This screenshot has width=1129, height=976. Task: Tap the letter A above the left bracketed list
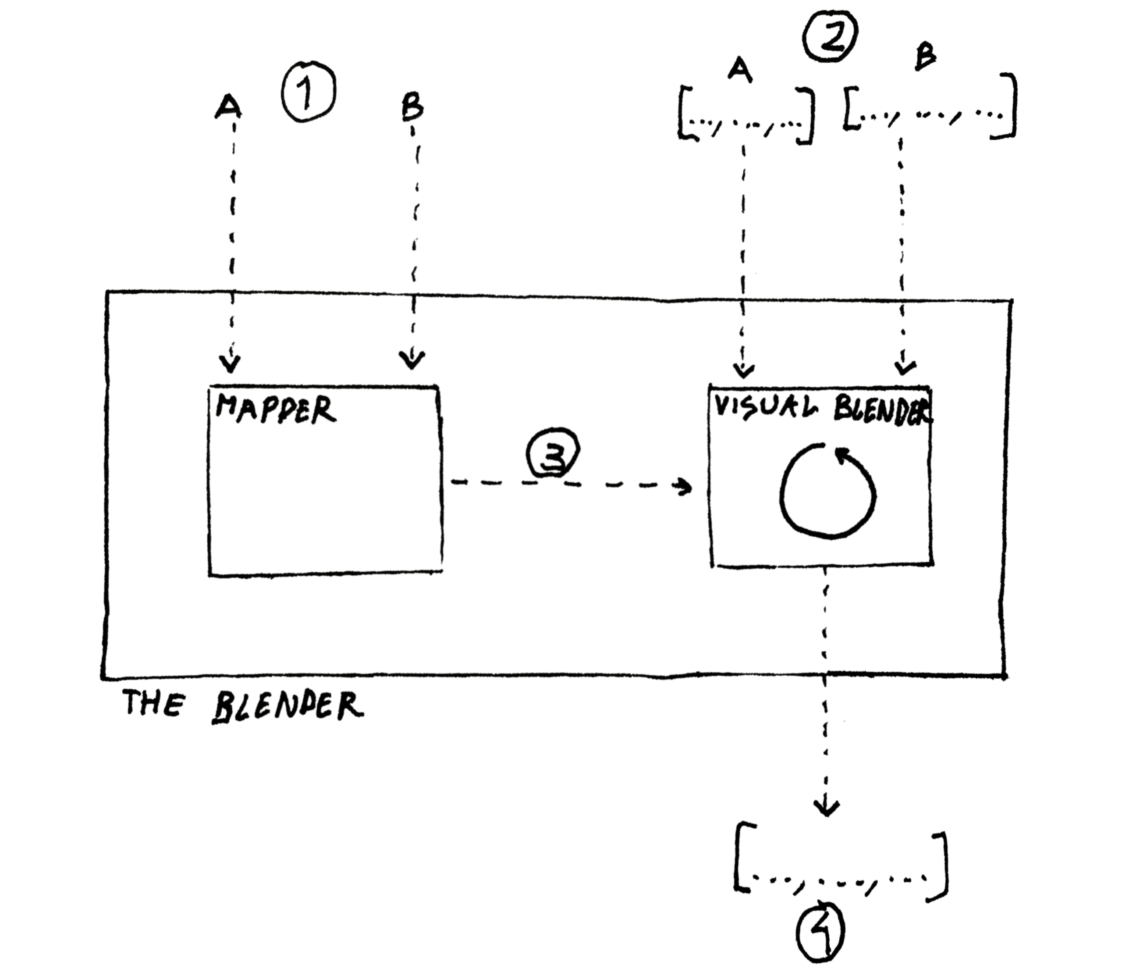click(739, 71)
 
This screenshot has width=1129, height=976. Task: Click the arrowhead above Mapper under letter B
click(412, 360)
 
